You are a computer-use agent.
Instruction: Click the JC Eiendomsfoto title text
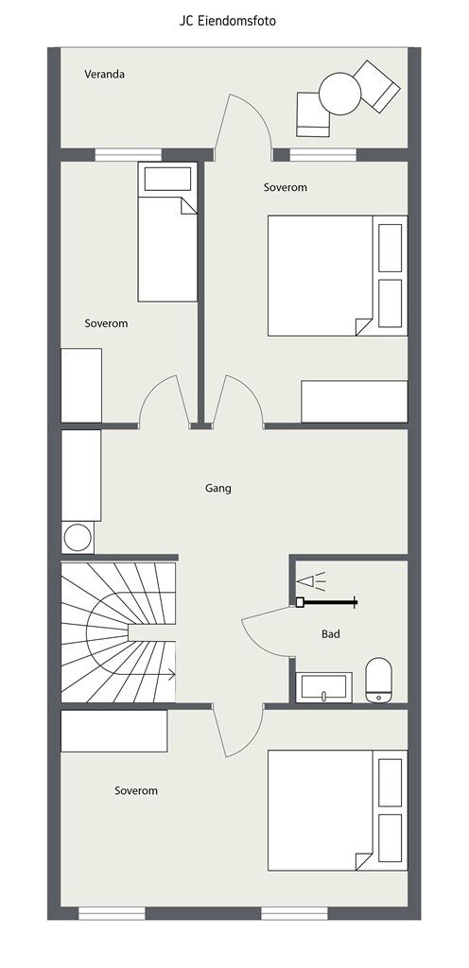pyautogui.click(x=228, y=21)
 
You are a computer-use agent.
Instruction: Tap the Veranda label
pyautogui.click(x=104, y=74)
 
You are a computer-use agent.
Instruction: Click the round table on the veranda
pyautogui.click(x=340, y=94)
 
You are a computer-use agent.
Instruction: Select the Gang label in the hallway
pyautogui.click(x=218, y=489)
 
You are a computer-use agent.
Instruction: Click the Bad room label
pyautogui.click(x=331, y=634)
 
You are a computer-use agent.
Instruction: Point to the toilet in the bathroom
pyautogui.click(x=378, y=680)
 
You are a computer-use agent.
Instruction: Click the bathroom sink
pyautogui.click(x=324, y=687)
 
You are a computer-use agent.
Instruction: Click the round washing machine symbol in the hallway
pyautogui.click(x=78, y=537)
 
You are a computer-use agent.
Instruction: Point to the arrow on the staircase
pyautogui.click(x=152, y=675)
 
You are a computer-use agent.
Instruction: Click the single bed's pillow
pyautogui.click(x=167, y=179)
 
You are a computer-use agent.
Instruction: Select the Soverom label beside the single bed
pyautogui.click(x=106, y=323)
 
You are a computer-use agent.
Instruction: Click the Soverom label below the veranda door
pyautogui.click(x=286, y=187)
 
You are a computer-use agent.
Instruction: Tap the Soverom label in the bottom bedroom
pyautogui.click(x=136, y=790)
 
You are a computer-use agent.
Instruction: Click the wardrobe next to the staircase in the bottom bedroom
pyautogui.click(x=114, y=731)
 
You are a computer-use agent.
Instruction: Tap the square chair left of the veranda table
pyautogui.click(x=313, y=114)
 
